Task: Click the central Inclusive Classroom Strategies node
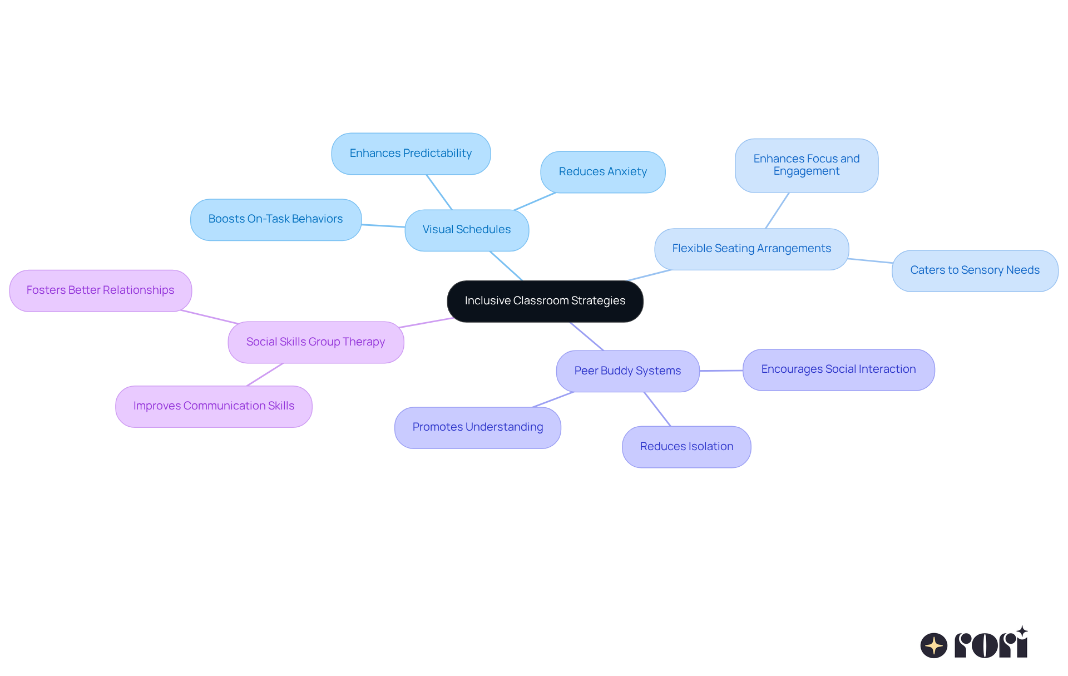coord(545,301)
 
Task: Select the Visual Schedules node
coord(467,230)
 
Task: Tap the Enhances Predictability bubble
coord(411,154)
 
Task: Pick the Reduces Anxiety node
coord(602,172)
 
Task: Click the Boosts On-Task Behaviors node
coord(275,219)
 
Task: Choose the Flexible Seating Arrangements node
coord(751,249)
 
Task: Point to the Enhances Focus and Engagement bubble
coord(806,165)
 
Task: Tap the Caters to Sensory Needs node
coord(975,270)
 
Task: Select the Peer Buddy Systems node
coord(627,371)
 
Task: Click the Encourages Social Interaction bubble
coord(838,369)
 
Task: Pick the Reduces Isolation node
coord(686,447)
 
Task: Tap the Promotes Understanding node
coord(477,427)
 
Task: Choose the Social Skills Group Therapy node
coord(315,342)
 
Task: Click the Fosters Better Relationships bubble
coord(100,290)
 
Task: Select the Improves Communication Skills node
coord(214,406)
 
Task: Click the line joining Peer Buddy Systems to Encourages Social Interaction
coord(721,371)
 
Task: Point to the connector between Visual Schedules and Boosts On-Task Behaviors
coord(383,226)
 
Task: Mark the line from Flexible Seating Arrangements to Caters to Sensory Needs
coord(871,260)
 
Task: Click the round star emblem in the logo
coord(933,645)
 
